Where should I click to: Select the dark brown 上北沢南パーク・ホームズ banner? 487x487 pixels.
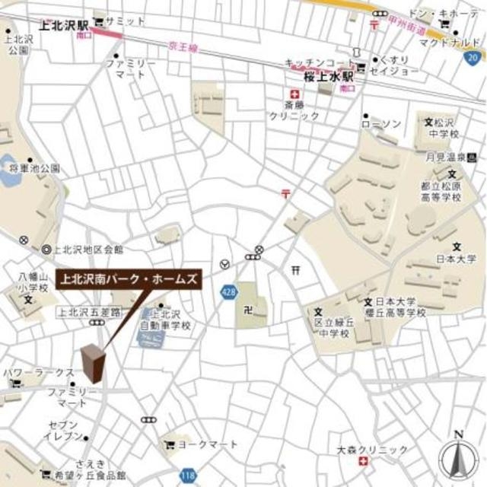tap(129, 279)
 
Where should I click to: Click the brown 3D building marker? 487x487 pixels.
tap(92, 363)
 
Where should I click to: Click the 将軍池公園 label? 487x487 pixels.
tap(33, 167)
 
